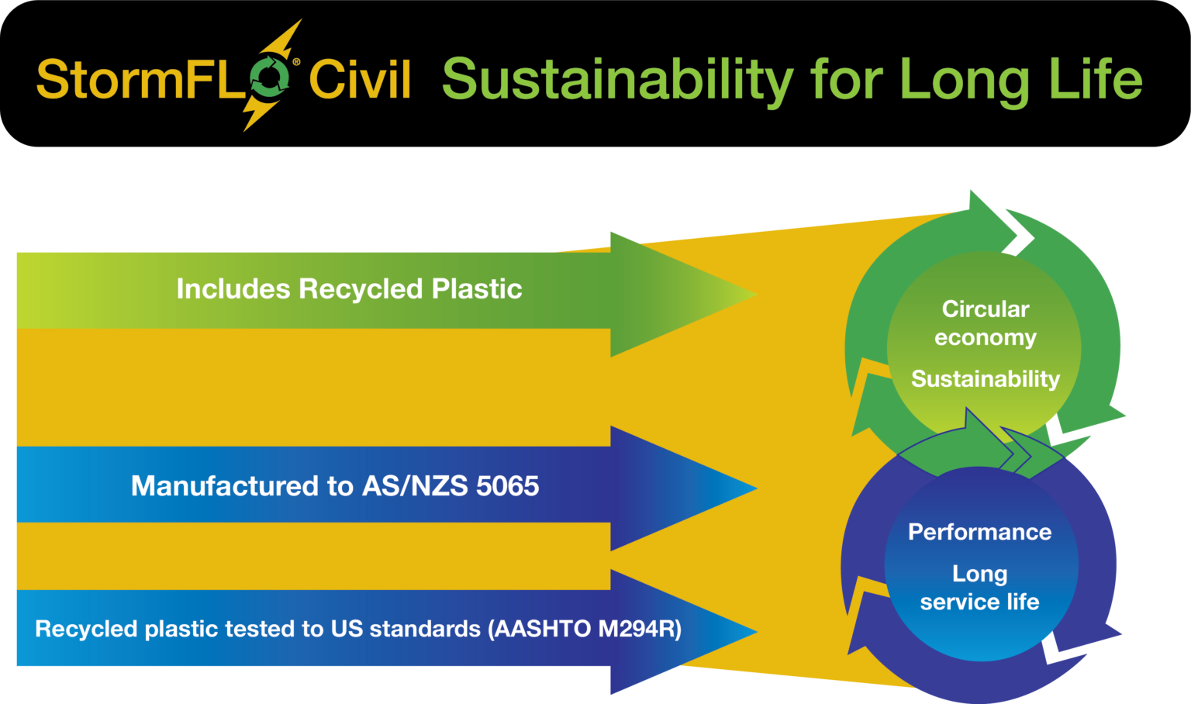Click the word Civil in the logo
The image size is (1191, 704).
click(x=360, y=79)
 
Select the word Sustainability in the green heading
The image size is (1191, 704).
click(x=617, y=80)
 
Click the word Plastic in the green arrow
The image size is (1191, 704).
click(x=476, y=289)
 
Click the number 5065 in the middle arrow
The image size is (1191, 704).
click(x=507, y=486)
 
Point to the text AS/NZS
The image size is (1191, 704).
click(x=415, y=486)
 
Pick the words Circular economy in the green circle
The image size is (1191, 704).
click(x=985, y=323)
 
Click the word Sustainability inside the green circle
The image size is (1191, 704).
click(x=985, y=379)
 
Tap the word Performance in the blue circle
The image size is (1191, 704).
click(x=979, y=532)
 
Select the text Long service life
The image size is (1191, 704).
click(x=979, y=588)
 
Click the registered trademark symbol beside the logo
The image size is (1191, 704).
click(x=296, y=62)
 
